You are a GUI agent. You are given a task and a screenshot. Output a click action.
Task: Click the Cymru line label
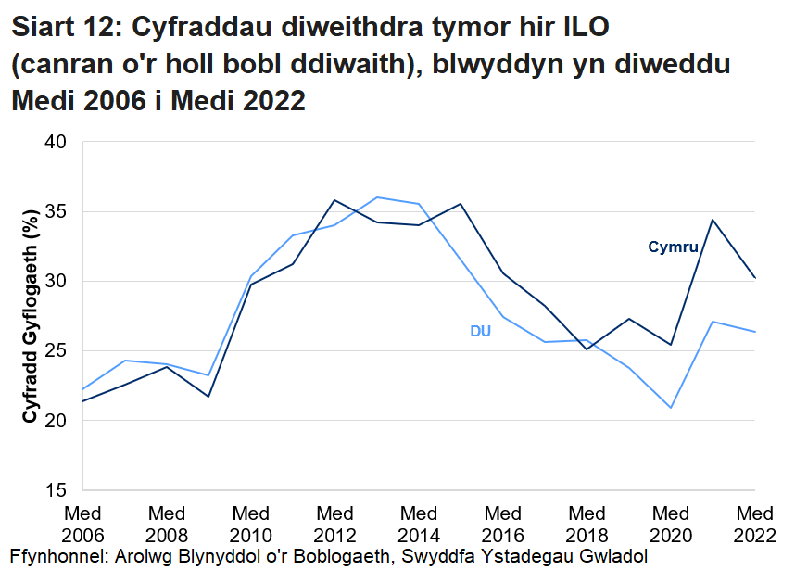[x=673, y=247]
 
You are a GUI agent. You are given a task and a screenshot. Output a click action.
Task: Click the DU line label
[x=480, y=332]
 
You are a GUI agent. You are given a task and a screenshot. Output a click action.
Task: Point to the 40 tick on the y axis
[x=57, y=142]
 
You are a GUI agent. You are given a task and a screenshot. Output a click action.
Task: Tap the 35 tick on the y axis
[x=57, y=211]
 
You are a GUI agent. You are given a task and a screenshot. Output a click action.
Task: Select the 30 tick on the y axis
[x=57, y=281]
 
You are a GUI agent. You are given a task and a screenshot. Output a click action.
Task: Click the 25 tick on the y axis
[x=57, y=350]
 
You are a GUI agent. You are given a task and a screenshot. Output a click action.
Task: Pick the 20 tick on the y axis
[x=57, y=420]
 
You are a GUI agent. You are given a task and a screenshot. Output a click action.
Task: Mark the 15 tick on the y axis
[x=57, y=489]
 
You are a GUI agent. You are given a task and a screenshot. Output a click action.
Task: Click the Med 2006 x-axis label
[x=82, y=525]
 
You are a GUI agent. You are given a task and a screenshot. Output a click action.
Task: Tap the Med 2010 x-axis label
[x=251, y=525]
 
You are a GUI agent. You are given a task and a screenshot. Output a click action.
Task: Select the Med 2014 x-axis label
[x=419, y=525]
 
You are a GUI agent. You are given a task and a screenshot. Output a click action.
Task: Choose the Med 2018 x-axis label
[x=587, y=525]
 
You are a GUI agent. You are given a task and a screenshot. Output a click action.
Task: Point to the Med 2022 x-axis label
[x=755, y=525]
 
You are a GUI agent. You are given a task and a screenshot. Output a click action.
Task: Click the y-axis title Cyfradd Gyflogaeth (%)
[x=30, y=315]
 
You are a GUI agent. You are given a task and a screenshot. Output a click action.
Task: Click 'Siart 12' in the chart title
[x=64, y=28]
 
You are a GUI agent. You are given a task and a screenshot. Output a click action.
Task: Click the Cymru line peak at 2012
[x=334, y=200]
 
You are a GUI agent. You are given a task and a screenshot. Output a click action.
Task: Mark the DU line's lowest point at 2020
[x=671, y=408]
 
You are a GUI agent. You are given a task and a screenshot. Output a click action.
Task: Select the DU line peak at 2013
[x=377, y=197]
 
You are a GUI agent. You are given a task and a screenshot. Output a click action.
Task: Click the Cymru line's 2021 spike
[x=713, y=220]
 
